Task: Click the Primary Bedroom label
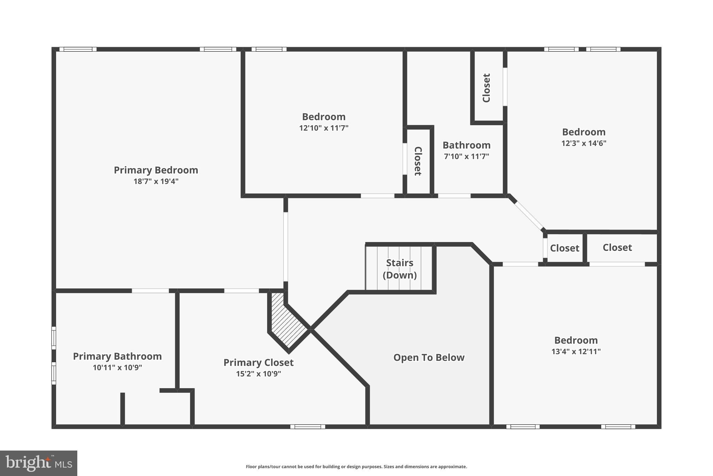click(x=156, y=170)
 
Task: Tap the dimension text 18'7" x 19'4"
click(x=156, y=181)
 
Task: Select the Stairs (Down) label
click(x=399, y=269)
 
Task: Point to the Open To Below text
click(x=429, y=357)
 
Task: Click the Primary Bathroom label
click(x=117, y=356)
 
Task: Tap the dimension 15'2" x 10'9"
click(x=258, y=374)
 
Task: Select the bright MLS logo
click(x=39, y=463)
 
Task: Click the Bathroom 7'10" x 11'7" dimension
click(x=466, y=157)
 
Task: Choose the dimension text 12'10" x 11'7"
click(x=323, y=128)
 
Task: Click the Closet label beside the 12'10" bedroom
click(x=418, y=161)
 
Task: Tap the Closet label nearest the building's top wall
click(x=486, y=88)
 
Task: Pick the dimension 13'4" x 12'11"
click(x=576, y=352)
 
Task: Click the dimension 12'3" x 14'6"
click(x=583, y=143)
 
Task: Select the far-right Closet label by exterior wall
click(x=617, y=248)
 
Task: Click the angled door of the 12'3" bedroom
click(x=528, y=215)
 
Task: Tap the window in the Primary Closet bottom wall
click(x=307, y=426)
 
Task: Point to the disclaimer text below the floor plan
click(x=356, y=467)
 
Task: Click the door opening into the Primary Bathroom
click(x=150, y=290)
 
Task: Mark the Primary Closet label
click(x=258, y=363)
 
